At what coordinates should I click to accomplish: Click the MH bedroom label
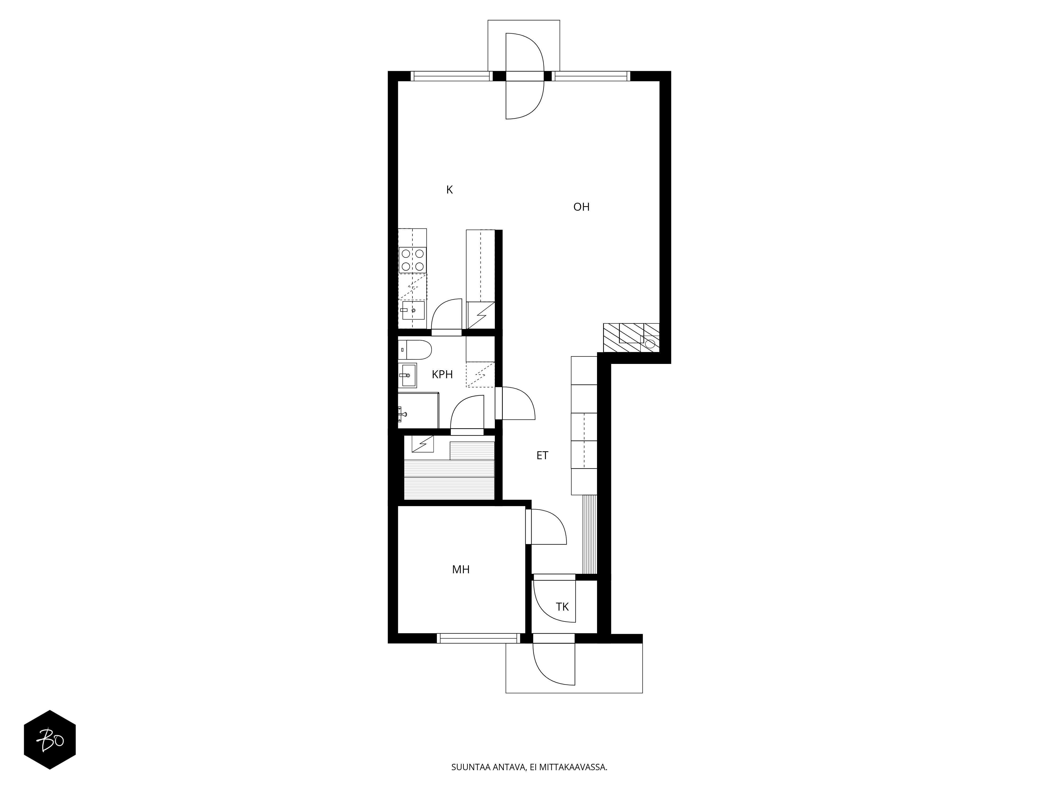coord(461,570)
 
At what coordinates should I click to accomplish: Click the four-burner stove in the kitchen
coord(413,260)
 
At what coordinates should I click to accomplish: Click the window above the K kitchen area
coord(451,76)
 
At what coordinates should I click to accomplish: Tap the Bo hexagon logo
coord(50,739)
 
